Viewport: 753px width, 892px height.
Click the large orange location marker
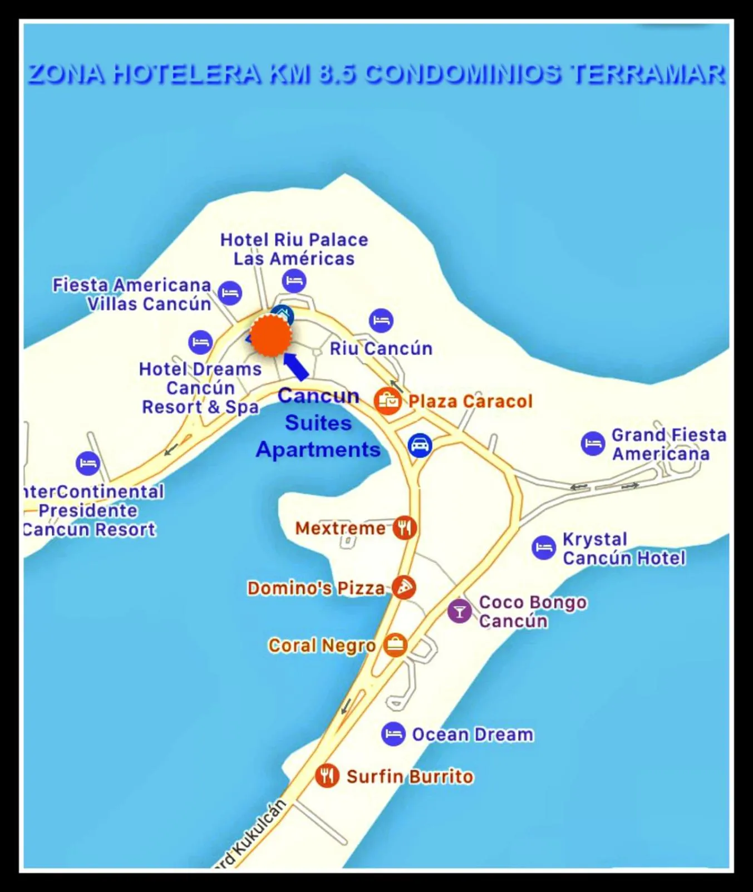pos(270,336)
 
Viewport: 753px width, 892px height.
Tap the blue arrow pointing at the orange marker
pos(296,366)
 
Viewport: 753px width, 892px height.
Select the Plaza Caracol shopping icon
pos(388,401)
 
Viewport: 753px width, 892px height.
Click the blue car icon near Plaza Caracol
pos(420,445)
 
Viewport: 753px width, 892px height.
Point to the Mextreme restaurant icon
pos(405,528)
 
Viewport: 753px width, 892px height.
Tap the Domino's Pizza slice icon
pos(403,587)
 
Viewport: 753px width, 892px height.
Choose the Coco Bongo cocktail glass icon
pos(460,611)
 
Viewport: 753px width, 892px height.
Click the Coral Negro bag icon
pos(395,645)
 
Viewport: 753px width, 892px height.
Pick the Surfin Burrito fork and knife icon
pos(327,775)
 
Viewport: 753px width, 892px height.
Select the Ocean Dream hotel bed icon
pos(393,734)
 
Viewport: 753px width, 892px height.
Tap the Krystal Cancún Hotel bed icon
pos(544,548)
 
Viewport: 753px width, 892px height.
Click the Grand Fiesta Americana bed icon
pos(593,443)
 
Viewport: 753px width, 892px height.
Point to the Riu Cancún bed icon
pos(381,321)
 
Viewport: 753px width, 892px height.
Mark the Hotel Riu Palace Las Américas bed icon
pos(294,280)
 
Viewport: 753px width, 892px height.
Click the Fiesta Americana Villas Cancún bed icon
pos(230,293)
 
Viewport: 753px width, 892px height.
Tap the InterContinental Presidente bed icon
pos(88,463)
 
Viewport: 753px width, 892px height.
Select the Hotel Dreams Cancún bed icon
pos(200,342)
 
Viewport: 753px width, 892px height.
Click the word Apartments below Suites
pos(318,450)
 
